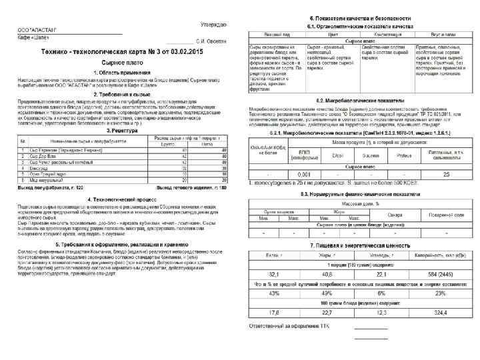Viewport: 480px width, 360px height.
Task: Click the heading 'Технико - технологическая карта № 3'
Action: [x=124, y=51]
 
